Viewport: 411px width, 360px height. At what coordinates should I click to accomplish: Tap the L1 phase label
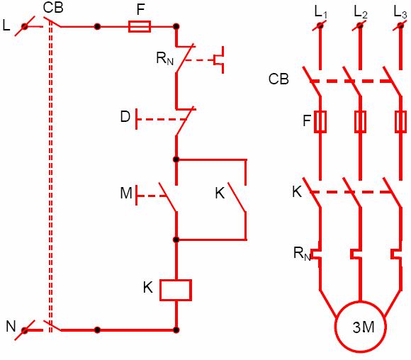coord(320,11)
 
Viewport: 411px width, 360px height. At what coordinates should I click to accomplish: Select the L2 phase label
coord(360,11)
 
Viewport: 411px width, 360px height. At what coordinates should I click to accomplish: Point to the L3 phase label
coord(400,11)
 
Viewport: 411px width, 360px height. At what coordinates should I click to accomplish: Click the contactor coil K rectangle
coord(176,289)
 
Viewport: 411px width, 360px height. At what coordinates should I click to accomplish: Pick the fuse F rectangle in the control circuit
coord(139,27)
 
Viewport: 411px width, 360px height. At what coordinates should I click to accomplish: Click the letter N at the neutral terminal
coord(11,326)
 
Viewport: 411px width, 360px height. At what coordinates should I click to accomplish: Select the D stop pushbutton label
coord(125,117)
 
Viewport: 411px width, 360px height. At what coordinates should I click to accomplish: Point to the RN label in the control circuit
coord(166,58)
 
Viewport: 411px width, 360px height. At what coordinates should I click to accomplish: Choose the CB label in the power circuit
coord(278,78)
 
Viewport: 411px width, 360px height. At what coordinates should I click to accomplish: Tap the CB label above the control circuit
coord(53,8)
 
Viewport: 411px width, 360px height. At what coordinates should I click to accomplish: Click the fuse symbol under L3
coord(400,121)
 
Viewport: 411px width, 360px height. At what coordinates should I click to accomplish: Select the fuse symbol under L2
coord(360,121)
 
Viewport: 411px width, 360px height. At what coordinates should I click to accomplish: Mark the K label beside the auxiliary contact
coord(220,193)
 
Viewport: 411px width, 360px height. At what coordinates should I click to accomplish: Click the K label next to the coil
coord(147,287)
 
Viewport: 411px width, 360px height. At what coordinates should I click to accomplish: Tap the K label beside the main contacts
coord(297,191)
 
